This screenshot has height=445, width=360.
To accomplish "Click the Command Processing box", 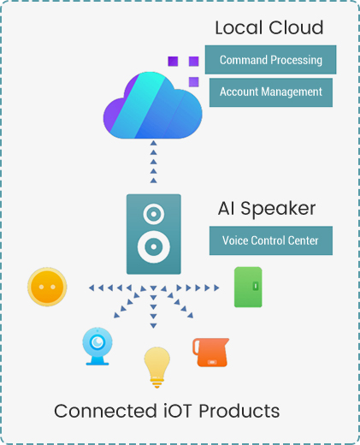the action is [270, 60].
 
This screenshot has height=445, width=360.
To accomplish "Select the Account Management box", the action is [271, 92].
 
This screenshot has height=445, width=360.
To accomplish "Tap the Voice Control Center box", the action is [271, 240].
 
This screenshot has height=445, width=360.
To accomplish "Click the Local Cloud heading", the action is [269, 27].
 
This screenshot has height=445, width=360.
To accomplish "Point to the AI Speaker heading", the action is [267, 209].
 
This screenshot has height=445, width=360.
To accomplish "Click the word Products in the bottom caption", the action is [239, 411].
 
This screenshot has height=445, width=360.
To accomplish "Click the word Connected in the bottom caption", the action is [105, 411].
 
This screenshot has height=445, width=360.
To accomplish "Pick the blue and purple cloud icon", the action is [153, 105].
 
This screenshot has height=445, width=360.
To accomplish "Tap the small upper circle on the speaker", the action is [154, 214].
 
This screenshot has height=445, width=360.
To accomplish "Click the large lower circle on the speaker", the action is [154, 246].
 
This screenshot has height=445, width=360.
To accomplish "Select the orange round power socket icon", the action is [47, 287].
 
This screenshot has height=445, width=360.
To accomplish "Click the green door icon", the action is [248, 287].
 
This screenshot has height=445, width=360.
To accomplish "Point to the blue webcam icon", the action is [97, 346].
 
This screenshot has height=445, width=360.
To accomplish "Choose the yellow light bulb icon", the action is [156, 367].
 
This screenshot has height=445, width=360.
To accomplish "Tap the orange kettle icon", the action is [210, 353].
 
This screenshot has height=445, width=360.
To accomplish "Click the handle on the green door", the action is [256, 286].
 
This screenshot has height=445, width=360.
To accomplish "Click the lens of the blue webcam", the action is [97, 341].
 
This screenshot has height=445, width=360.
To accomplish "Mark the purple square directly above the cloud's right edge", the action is [194, 82].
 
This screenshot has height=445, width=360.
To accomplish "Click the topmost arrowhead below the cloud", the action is [154, 143].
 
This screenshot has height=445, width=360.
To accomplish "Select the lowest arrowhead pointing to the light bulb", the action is [153, 326].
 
